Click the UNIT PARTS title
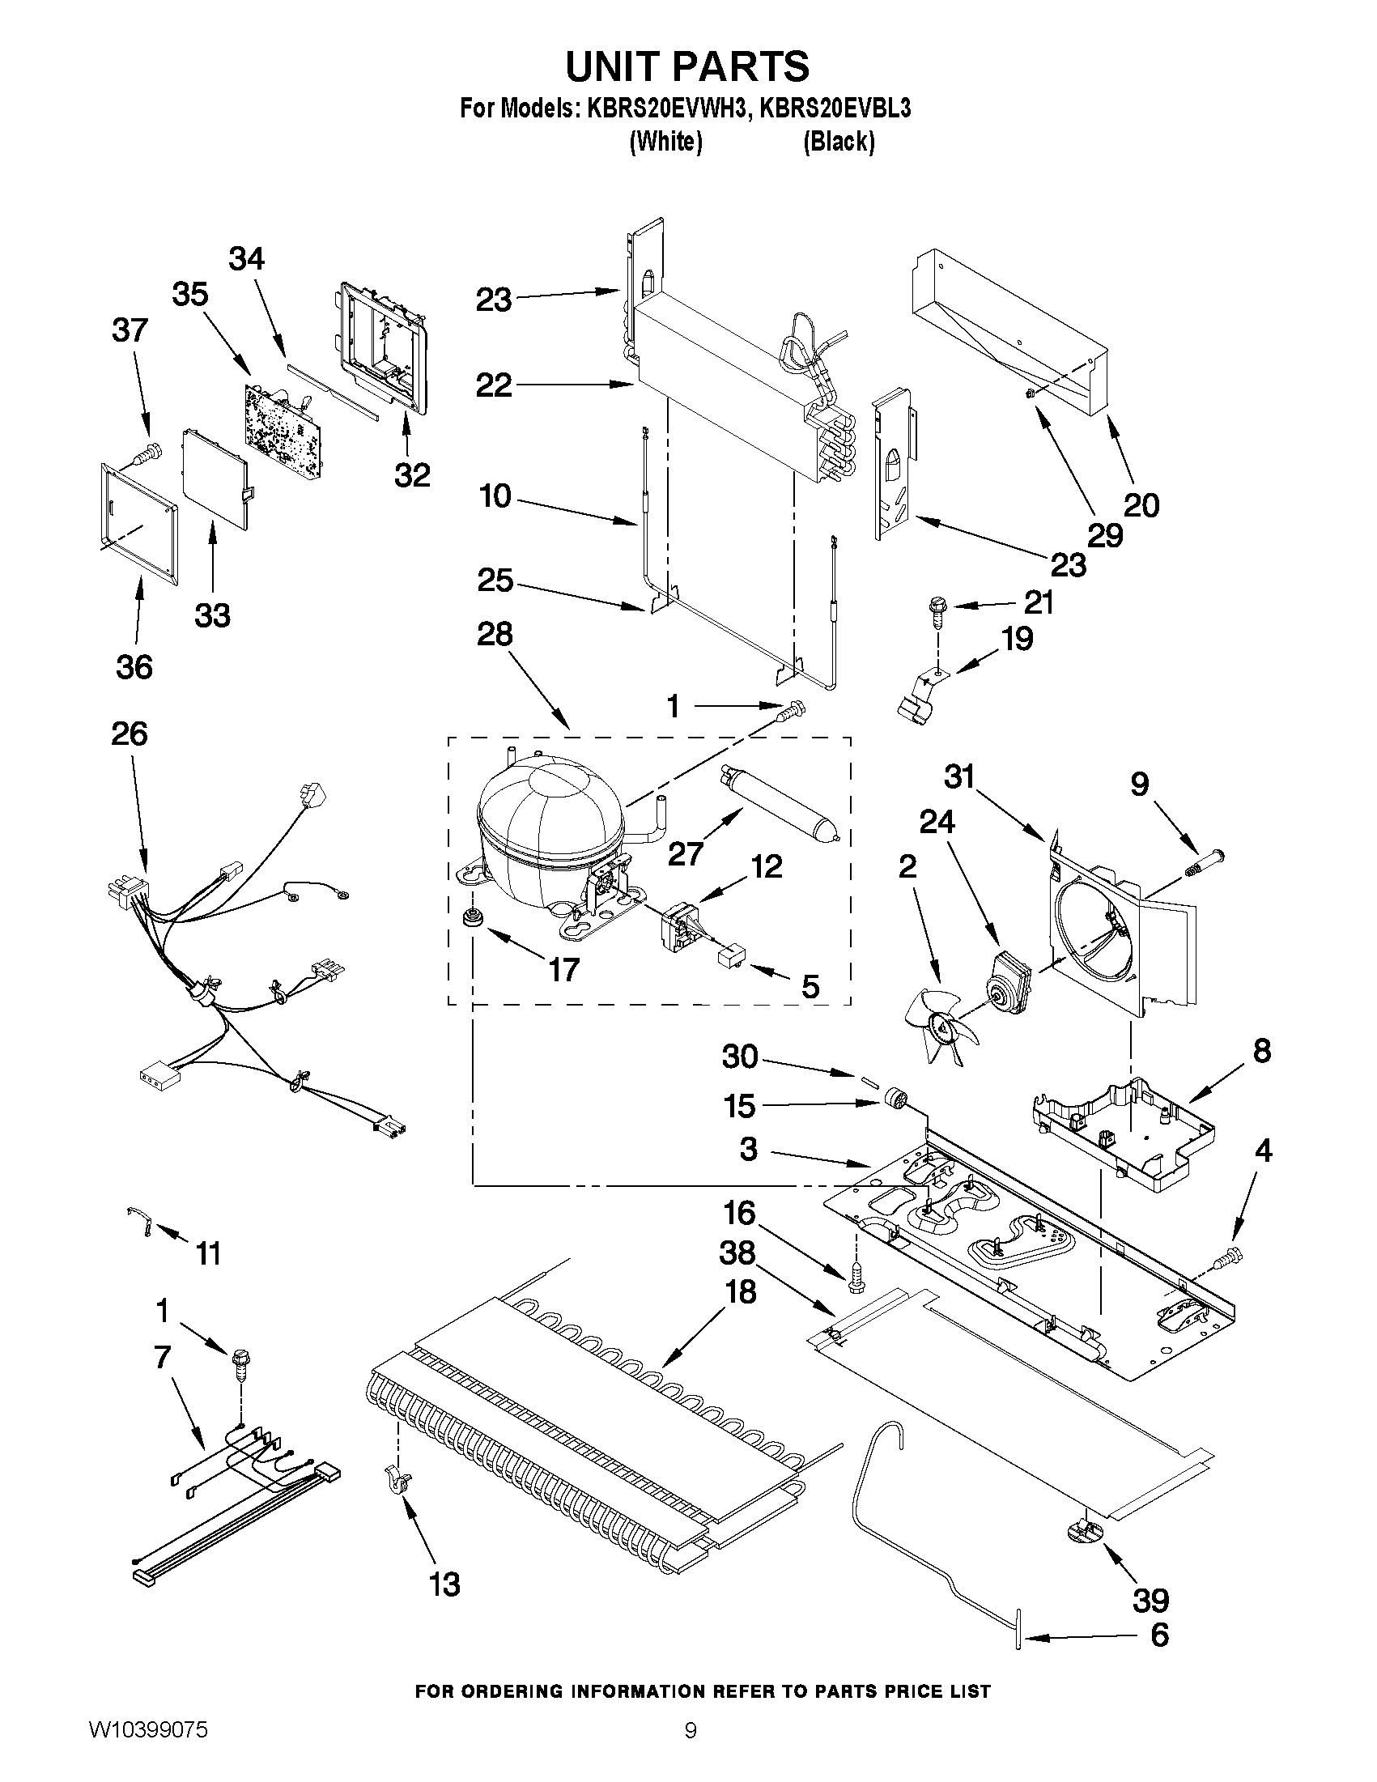coord(687,67)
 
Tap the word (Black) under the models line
coord(839,142)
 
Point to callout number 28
coord(495,634)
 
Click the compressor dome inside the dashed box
coord(548,824)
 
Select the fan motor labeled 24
coord(1009,976)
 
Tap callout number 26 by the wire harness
coord(129,734)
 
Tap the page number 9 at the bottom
coord(691,1747)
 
